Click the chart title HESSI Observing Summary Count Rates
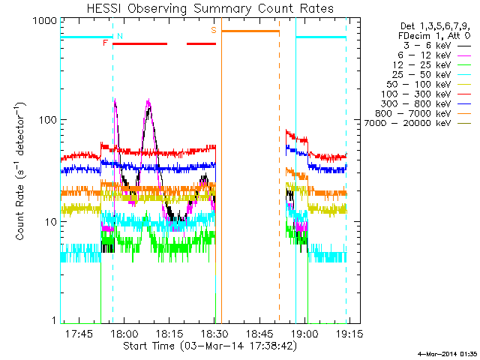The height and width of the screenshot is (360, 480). click(x=210, y=8)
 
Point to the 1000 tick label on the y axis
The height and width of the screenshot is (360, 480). click(x=45, y=21)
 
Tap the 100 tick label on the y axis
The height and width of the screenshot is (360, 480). click(x=48, y=120)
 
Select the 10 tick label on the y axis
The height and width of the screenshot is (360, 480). click(x=51, y=222)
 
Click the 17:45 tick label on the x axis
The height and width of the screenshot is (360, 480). click(x=79, y=333)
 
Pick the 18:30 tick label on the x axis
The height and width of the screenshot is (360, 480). click(x=214, y=333)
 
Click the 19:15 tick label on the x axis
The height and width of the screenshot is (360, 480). click(x=349, y=333)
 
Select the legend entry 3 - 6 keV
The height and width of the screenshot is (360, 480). click(x=436, y=46)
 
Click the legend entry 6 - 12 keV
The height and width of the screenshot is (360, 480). click(x=434, y=55)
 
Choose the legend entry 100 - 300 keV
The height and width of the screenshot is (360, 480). click(x=426, y=94)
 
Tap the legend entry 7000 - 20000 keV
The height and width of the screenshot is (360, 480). click(x=418, y=124)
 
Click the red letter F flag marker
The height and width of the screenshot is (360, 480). click(x=105, y=43)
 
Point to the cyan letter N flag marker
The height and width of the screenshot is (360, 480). click(x=120, y=36)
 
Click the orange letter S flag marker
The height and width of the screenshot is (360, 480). click(x=213, y=30)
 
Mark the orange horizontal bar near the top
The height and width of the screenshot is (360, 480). click(x=250, y=31)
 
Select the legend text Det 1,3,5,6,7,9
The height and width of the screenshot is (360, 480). click(x=435, y=26)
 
